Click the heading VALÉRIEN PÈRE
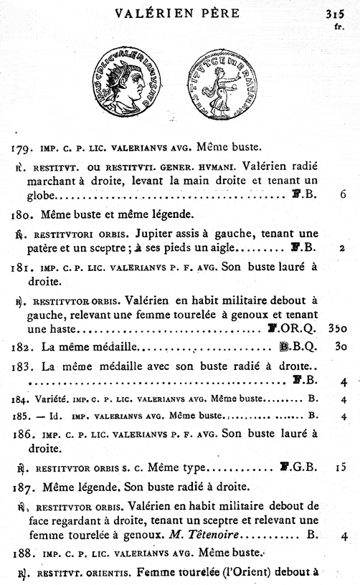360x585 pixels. pyautogui.click(x=180, y=13)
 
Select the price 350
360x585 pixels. pyautogui.click(x=338, y=329)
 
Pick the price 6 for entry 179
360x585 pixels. pyautogui.click(x=344, y=194)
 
